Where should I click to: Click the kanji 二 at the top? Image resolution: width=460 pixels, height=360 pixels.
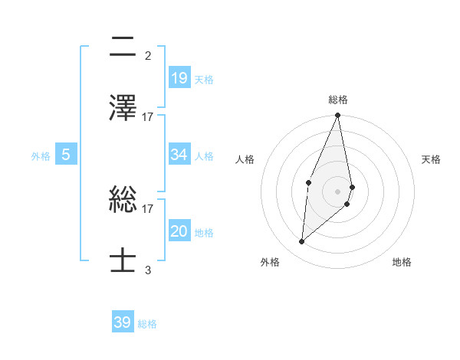(x=123, y=47)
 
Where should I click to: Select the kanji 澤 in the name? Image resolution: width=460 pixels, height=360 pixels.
(x=123, y=108)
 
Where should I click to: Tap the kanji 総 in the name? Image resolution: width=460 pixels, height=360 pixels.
(x=123, y=201)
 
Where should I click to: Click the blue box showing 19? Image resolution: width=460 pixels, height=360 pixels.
(x=179, y=77)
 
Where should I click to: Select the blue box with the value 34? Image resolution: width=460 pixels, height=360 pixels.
(x=179, y=155)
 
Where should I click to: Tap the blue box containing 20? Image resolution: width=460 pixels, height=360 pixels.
(x=179, y=231)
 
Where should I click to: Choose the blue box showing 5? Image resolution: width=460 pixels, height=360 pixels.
(x=66, y=155)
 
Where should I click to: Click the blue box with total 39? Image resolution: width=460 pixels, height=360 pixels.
(x=123, y=322)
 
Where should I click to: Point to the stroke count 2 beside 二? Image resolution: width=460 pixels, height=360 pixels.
(x=148, y=55)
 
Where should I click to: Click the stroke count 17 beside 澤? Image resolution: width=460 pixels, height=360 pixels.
(x=148, y=116)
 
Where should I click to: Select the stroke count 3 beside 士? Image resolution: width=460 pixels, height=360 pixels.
(x=148, y=270)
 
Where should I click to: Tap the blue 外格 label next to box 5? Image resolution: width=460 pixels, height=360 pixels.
(x=41, y=155)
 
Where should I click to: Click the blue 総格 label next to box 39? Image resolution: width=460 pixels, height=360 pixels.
(x=147, y=323)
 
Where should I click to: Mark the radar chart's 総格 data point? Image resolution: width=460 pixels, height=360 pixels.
(x=337, y=116)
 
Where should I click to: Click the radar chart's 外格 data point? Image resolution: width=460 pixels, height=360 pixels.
(x=302, y=242)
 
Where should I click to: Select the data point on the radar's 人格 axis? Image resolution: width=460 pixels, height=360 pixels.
(x=308, y=182)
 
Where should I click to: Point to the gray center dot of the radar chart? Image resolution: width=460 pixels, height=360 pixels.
(x=337, y=191)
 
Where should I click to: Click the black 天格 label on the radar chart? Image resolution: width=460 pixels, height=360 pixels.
(x=431, y=159)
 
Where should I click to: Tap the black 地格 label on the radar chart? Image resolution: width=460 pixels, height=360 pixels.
(x=402, y=262)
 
